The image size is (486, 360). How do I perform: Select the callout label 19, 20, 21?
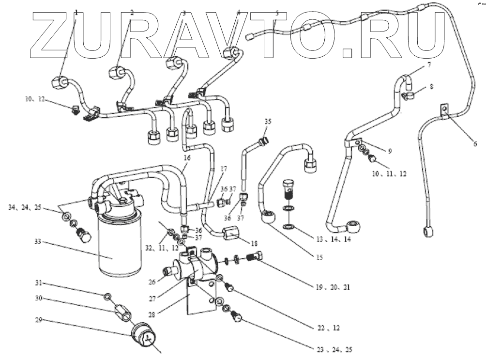point(334,287)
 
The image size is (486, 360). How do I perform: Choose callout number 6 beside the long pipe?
point(475,144)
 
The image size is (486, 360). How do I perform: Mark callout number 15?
point(318,257)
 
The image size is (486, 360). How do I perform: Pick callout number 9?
point(389,151)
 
